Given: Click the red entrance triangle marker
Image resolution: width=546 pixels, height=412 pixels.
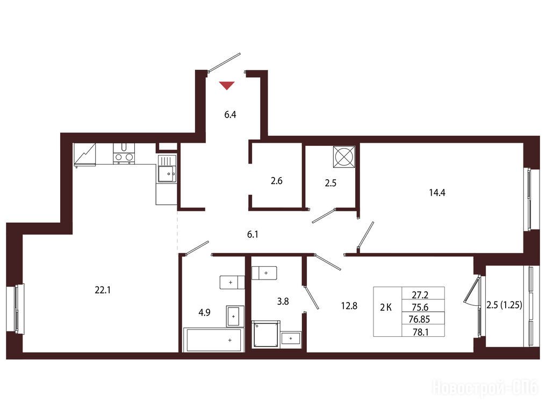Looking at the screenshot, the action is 227,85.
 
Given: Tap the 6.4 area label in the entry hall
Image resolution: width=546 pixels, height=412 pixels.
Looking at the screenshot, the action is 230,114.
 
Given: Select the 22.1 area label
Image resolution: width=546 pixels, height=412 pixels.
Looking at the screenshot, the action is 102,290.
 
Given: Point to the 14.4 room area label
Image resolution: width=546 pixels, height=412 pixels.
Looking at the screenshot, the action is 437,193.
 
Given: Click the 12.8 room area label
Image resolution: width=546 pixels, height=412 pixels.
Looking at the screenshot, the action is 349,306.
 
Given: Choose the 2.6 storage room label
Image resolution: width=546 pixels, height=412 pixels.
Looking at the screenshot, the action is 276,181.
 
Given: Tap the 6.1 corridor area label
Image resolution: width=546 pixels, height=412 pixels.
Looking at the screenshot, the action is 253,234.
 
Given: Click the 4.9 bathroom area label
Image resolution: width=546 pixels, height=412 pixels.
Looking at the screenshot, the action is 204,313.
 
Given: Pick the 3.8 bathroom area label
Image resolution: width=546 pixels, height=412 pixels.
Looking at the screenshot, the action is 283,301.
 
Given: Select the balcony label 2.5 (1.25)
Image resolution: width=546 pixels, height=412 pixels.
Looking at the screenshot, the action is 504,305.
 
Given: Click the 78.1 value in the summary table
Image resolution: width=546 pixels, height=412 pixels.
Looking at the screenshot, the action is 420,333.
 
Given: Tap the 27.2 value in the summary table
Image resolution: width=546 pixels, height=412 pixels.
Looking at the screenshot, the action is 420,295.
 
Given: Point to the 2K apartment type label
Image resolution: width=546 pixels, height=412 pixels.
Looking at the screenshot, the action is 386,307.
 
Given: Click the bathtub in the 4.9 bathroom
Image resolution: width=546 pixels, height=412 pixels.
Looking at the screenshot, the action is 214,340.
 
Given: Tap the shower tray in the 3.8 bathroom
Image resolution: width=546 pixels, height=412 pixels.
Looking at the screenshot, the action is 267,334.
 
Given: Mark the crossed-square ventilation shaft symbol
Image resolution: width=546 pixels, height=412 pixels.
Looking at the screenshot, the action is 344,157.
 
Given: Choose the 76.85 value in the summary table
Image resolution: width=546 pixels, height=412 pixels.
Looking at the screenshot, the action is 420,319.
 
